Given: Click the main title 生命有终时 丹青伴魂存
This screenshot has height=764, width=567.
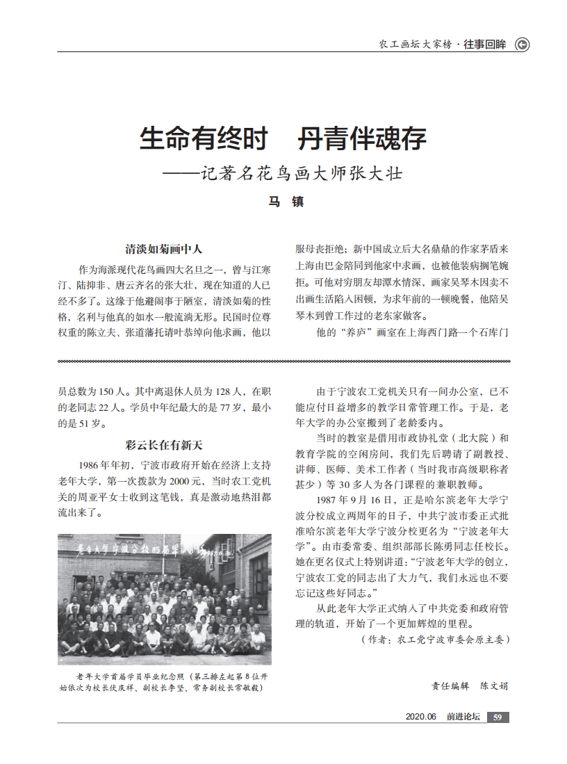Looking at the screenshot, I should click(x=283, y=139).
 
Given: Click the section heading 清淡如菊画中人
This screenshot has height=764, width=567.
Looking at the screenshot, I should click(x=164, y=249).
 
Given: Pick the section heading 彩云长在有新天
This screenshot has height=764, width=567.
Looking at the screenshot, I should click(x=164, y=445).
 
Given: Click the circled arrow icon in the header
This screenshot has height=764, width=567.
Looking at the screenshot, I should click(x=521, y=44).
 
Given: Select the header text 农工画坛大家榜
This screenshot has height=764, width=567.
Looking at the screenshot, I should click(x=416, y=44).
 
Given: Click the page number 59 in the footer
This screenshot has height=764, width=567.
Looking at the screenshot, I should click(x=498, y=717).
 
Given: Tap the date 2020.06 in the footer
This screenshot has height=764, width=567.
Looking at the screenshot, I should click(x=420, y=717).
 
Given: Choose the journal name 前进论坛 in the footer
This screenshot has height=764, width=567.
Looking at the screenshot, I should click(x=463, y=717).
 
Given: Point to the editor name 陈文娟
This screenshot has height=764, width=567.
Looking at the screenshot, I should click(x=494, y=685).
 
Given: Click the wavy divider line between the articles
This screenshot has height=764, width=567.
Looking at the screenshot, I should click(x=283, y=361).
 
